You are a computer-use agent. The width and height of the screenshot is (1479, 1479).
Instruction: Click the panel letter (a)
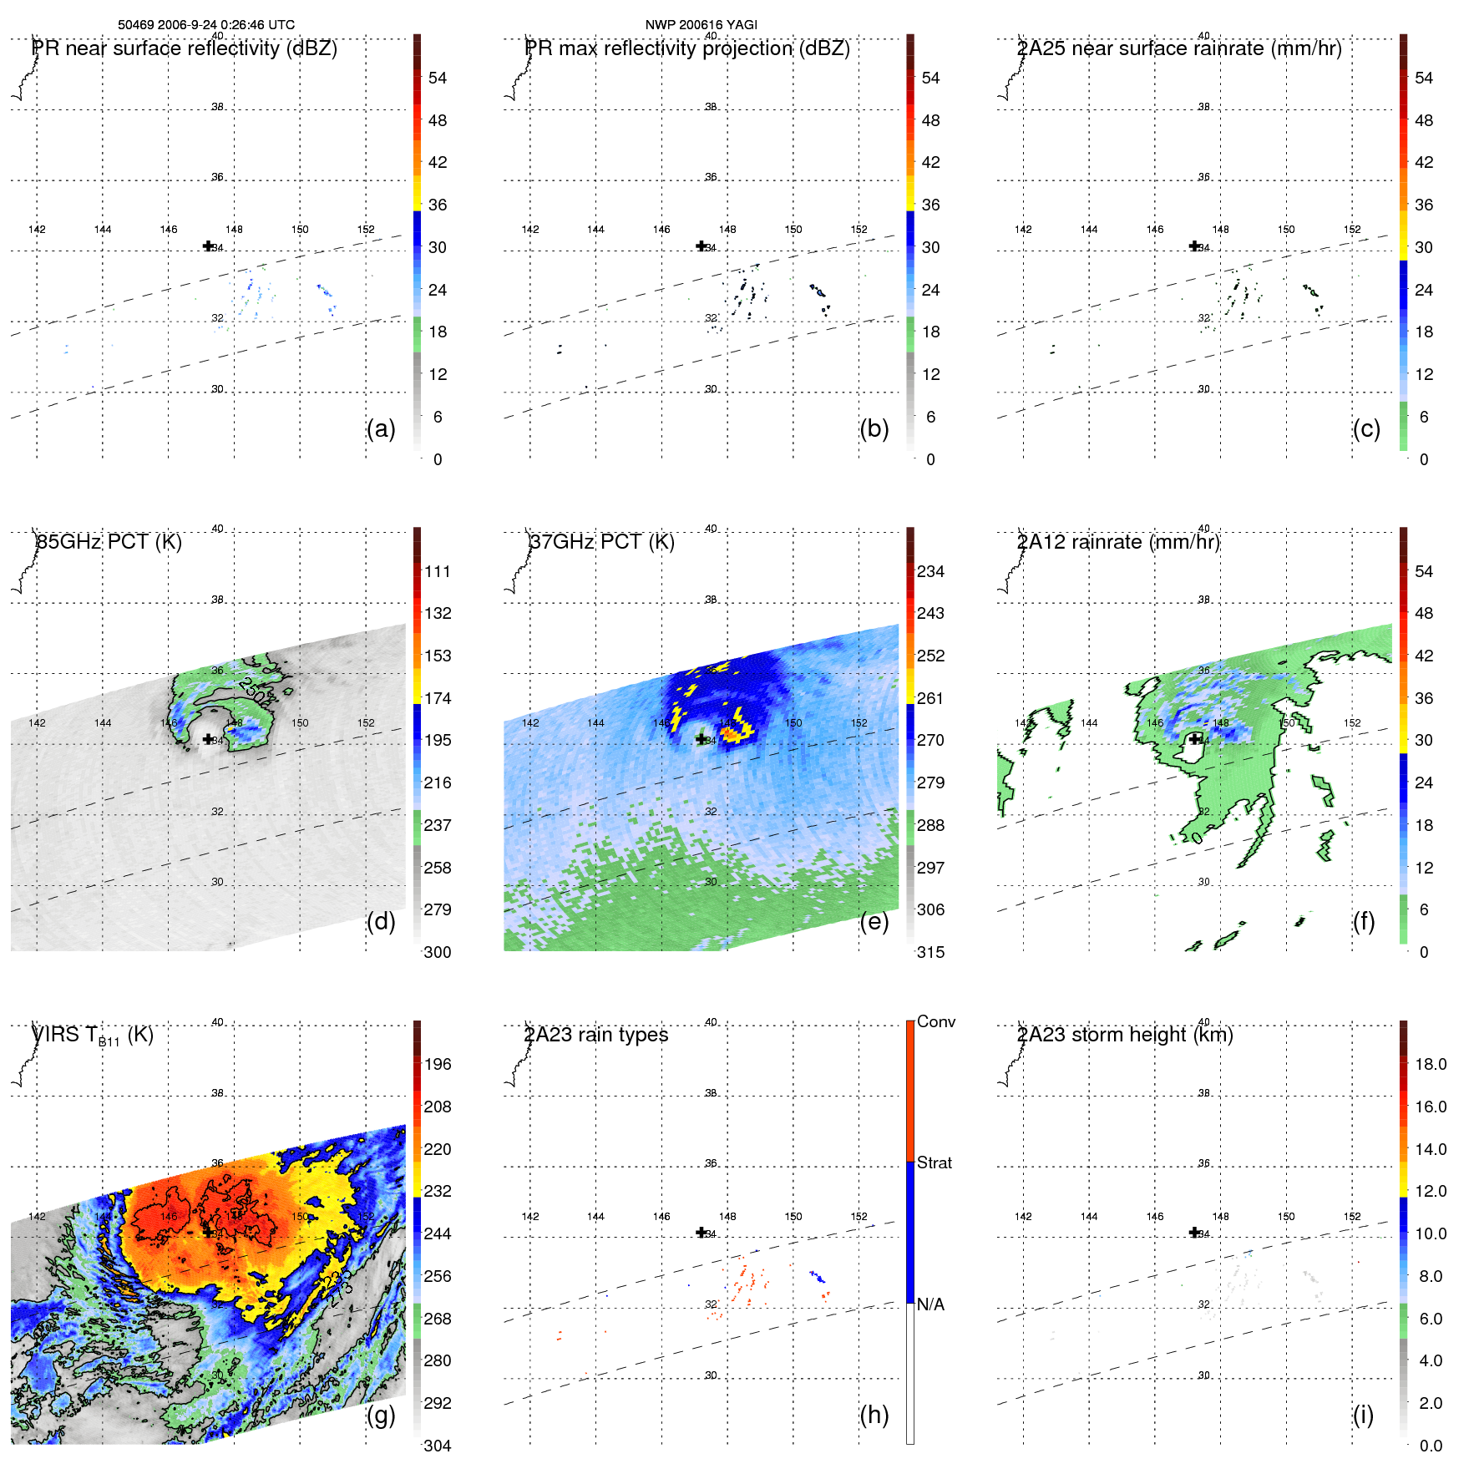[381, 429]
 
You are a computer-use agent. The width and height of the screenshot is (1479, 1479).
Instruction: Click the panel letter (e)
[874, 922]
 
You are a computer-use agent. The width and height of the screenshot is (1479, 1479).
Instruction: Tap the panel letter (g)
[381, 1415]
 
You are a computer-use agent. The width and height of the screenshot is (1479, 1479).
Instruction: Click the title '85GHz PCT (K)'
[109, 542]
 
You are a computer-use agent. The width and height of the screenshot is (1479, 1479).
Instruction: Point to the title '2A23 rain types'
[596, 1035]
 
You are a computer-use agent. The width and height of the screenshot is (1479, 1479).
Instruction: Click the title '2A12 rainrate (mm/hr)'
[1118, 542]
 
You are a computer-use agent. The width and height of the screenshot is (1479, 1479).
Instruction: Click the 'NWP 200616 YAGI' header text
[702, 25]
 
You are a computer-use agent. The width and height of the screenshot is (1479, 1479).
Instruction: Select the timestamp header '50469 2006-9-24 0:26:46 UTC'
[206, 25]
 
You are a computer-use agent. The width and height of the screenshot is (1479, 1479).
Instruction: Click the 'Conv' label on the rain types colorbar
[936, 1022]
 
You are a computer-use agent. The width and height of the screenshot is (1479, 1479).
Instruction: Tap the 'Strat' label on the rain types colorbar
[935, 1163]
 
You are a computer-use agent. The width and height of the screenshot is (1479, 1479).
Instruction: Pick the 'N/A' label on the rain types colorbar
[931, 1304]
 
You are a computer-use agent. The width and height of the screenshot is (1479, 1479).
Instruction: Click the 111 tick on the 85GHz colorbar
[438, 572]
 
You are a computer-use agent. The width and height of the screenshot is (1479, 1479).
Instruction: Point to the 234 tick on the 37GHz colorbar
[930, 572]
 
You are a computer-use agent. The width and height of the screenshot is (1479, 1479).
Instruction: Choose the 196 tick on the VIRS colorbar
[438, 1065]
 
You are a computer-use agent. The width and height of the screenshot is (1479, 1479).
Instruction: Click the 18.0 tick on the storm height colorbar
[1431, 1065]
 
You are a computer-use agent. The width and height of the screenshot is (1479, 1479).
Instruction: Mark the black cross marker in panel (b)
[701, 246]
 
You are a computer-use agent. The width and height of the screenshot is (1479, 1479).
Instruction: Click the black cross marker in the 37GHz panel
[701, 739]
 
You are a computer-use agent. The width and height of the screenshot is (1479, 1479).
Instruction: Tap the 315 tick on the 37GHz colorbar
[930, 953]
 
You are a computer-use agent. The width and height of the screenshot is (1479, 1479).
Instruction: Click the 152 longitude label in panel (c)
[1352, 230]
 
